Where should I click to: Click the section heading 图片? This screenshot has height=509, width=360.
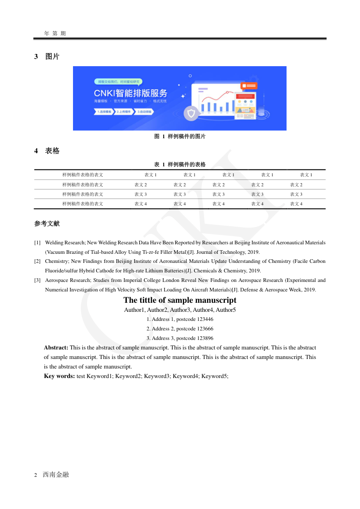52,57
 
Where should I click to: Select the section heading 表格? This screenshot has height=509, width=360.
52,151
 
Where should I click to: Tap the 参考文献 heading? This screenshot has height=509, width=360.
47,224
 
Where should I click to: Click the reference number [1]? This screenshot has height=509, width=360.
37,243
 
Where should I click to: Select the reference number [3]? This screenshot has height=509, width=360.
37,281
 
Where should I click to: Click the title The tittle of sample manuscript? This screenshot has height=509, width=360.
180,300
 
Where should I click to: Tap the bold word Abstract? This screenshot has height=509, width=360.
56,348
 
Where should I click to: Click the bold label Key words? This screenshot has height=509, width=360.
59,376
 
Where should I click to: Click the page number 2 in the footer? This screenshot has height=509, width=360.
36,475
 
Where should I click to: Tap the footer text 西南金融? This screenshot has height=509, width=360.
56,475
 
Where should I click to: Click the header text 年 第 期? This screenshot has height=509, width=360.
55,34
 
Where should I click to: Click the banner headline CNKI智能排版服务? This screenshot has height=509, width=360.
130,93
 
